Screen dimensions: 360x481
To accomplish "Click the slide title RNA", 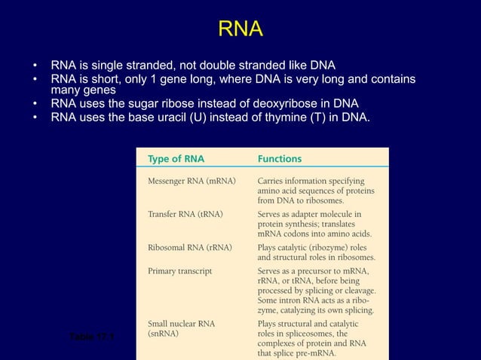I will pyautogui.click(x=240, y=29).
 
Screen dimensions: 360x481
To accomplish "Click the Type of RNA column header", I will pyautogui.click(x=176, y=159).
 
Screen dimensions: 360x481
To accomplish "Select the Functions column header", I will pyautogui.click(x=280, y=159).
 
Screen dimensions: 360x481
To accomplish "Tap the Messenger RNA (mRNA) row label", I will pyautogui.click(x=191, y=182).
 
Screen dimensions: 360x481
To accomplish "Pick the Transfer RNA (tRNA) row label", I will pyautogui.click(x=185, y=214).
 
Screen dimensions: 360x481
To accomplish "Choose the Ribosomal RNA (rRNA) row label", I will pyautogui.click(x=189, y=246).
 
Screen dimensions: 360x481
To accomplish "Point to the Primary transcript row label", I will pyautogui.click(x=179, y=270).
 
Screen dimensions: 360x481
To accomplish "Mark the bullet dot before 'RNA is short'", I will pyautogui.click(x=35, y=79).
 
